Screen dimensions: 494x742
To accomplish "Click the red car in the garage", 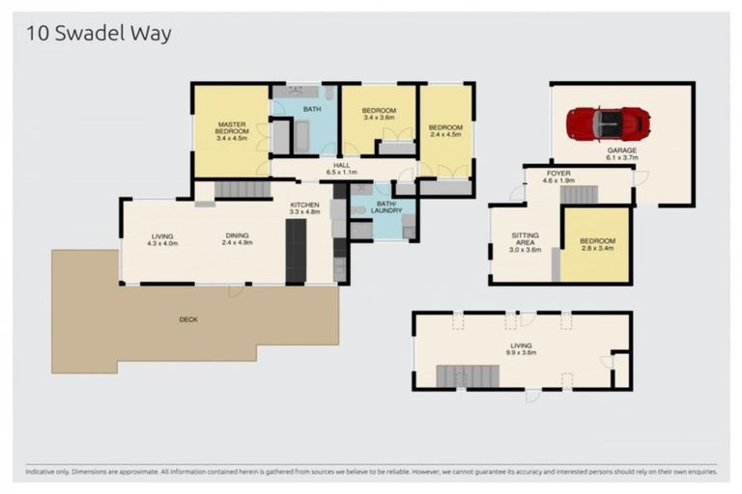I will click(x=609, y=123).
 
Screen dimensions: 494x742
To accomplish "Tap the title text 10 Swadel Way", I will click(x=98, y=34).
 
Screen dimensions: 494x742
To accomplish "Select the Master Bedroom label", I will click(x=232, y=131).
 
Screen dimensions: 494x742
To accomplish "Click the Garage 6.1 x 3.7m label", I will click(x=621, y=155).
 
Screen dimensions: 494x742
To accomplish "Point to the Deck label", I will click(x=188, y=319).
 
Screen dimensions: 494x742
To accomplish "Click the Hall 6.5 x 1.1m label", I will click(x=341, y=169).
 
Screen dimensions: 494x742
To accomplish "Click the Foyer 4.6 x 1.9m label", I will click(x=558, y=177).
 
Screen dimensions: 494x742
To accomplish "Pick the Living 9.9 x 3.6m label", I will click(x=522, y=349).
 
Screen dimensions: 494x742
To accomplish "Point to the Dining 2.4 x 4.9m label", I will click(x=237, y=239).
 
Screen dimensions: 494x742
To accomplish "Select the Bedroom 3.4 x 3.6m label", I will click(x=379, y=114).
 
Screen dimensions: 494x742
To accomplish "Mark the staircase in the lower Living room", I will click(x=467, y=376).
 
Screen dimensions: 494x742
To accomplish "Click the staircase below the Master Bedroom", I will click(x=241, y=189).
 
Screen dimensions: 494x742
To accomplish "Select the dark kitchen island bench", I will click(x=296, y=251).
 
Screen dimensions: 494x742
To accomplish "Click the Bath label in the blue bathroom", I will click(x=312, y=110).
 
